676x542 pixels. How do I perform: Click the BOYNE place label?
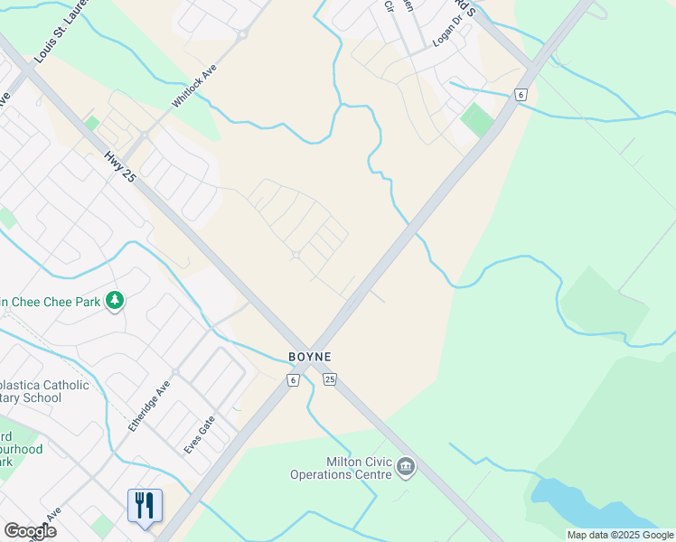click(309, 357)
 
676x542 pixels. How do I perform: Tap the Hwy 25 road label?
click(118, 167)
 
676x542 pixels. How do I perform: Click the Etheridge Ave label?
click(149, 404)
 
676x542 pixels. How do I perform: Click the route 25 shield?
click(330, 380)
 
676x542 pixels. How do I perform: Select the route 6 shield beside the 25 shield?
click(293, 380)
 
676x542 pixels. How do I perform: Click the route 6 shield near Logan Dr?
click(520, 94)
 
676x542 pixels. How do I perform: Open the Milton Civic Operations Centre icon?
click(406, 466)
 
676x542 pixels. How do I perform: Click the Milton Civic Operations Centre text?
click(341, 468)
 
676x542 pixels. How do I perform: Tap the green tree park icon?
click(115, 300)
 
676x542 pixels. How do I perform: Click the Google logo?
click(30, 531)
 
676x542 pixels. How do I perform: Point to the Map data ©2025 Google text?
click(620, 535)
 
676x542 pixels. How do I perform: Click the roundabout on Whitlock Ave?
click(241, 36)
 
